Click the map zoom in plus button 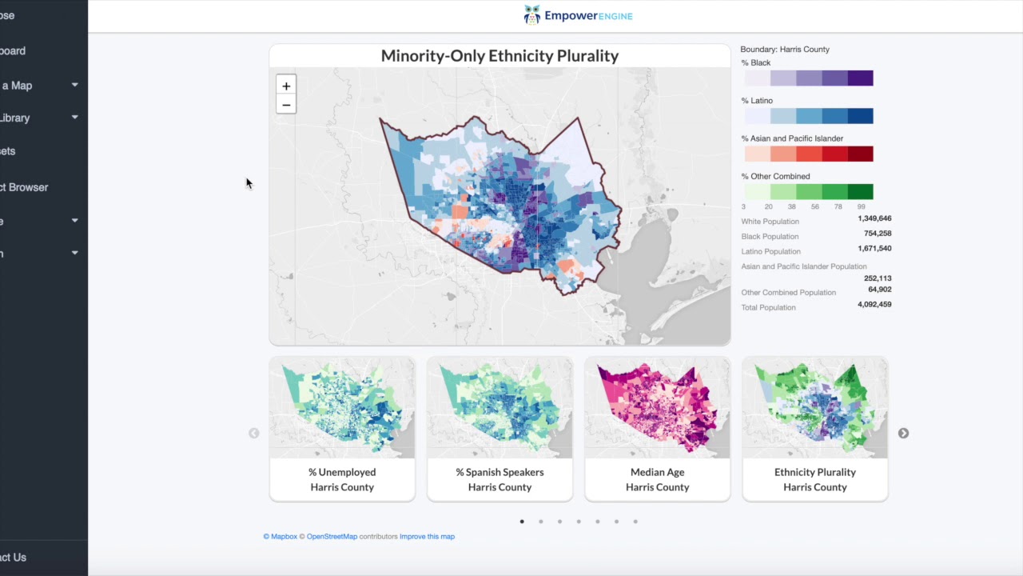286,86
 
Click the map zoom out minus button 286,105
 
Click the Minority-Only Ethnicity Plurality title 500,56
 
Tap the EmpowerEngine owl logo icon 532,15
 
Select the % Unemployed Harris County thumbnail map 342,408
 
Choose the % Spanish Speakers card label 500,479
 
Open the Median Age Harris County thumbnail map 657,408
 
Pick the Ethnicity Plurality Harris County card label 814,479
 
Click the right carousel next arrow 903,433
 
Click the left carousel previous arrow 253,433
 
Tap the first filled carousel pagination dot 522,522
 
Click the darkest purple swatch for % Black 860,78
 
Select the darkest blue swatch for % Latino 860,116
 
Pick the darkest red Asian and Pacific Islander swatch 860,154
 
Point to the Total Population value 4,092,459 874,305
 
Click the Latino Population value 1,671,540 874,249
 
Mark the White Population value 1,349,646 874,218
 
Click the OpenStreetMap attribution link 332,537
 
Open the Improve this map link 427,537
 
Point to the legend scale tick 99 861,206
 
